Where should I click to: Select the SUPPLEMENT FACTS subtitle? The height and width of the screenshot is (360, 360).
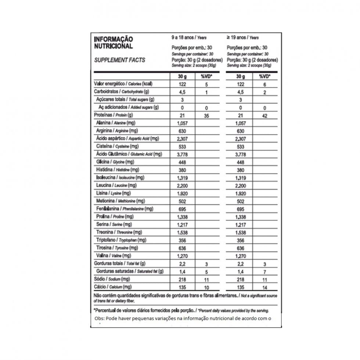(x=119, y=60)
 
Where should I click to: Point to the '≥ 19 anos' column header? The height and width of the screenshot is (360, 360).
(x=243, y=38)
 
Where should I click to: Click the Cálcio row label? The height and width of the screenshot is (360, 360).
(x=113, y=287)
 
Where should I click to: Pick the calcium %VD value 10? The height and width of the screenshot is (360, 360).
(x=206, y=287)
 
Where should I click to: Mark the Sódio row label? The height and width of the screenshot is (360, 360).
(x=112, y=279)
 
